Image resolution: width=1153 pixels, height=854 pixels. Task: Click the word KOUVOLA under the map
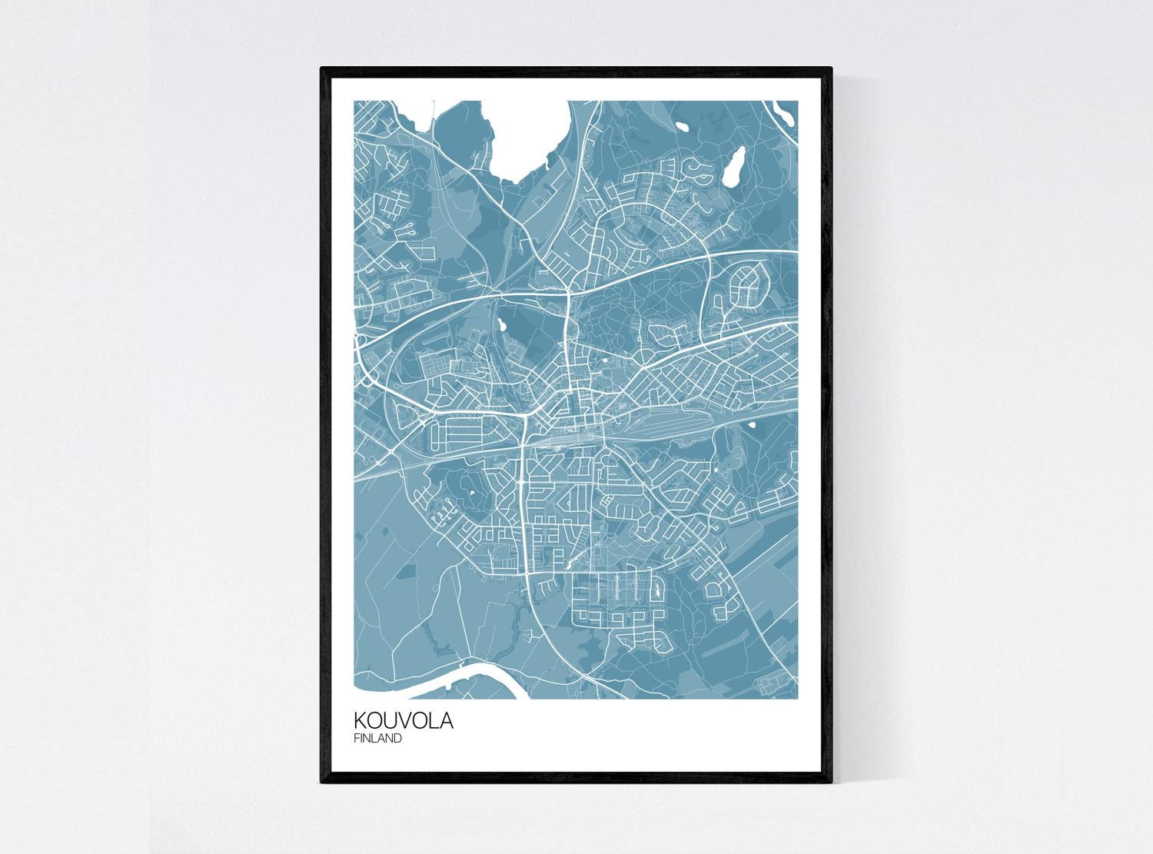tap(404, 721)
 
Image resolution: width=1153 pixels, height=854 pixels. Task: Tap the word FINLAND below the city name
tap(378, 739)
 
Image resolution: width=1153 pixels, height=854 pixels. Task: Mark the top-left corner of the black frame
tap(321, 68)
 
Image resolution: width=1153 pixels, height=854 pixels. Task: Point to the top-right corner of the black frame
tap(832, 68)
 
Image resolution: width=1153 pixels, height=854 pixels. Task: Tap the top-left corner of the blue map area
tap(354, 101)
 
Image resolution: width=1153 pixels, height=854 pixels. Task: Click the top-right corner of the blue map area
tap(799, 101)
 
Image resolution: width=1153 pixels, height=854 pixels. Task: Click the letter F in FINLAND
tap(357, 739)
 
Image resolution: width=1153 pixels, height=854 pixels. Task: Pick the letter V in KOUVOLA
tap(405, 721)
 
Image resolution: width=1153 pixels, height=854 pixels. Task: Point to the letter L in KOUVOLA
tap(434, 721)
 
